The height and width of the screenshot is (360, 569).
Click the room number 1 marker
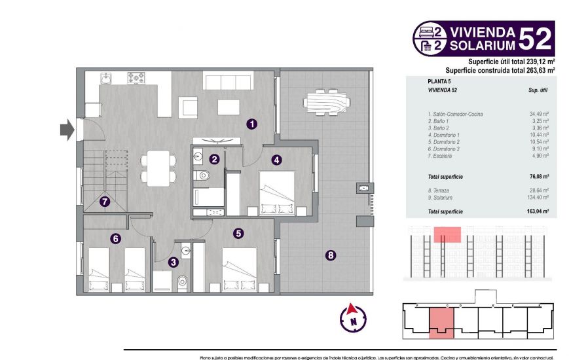tap(251, 123)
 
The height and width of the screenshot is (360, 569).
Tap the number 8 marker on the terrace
tap(330, 255)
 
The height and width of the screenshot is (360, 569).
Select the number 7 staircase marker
tap(104, 202)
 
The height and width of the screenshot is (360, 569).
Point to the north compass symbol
tap(353, 317)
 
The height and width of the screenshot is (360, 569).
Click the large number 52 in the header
tap(536, 38)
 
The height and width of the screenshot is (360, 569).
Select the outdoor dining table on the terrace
tap(327, 102)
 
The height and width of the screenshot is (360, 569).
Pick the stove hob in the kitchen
tap(136, 78)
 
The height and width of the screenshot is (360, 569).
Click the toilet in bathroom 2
tap(204, 174)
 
